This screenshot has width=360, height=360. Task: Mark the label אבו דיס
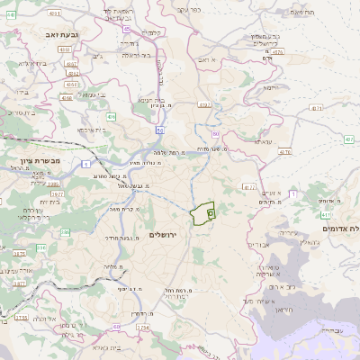click(x=257, y=245)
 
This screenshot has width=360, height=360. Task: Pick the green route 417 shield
click(x=326, y=216)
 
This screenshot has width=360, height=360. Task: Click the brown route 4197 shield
click(x=204, y=105)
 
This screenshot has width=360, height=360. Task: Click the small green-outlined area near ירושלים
click(x=202, y=214)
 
